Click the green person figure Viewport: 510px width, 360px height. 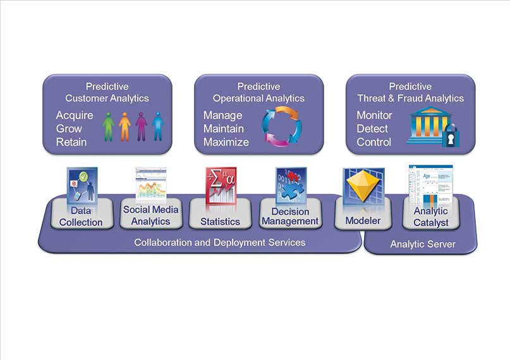click(109, 126)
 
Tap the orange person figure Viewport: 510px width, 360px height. click(124, 126)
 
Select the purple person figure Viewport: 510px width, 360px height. click(141, 126)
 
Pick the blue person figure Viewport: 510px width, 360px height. click(157, 126)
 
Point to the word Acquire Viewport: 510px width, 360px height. click(75, 116)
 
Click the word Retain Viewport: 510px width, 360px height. click(71, 142)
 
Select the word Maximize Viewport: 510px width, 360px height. click(226, 142)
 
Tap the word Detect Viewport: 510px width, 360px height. click(372, 129)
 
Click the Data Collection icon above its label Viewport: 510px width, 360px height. click(82, 186)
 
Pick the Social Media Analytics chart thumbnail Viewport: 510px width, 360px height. click(151, 184)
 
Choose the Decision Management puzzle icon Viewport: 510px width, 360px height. click(291, 185)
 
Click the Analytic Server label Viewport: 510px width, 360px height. click(423, 244)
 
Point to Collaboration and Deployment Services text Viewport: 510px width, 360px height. click(220, 243)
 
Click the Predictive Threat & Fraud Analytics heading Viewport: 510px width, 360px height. click(410, 92)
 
